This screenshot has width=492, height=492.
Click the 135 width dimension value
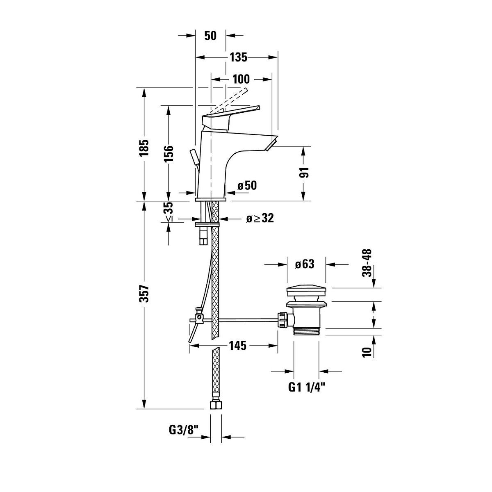point(239,57)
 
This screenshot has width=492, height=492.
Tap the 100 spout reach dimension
point(241,79)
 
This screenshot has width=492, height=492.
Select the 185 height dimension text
point(144,148)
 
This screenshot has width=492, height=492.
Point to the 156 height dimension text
point(169,153)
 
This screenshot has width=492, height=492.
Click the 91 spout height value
point(304,172)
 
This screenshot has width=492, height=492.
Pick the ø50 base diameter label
point(247,186)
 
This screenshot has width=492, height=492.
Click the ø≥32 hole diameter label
point(260,218)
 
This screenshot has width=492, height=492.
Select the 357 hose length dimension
point(144,294)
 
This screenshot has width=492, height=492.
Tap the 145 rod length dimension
point(237,346)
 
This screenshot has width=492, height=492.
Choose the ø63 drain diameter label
point(304,264)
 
